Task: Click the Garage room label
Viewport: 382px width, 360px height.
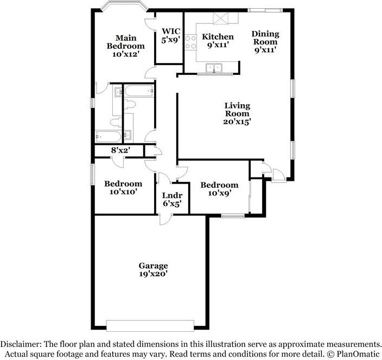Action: pyautogui.click(x=153, y=266)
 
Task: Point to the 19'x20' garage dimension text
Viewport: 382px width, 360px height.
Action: pyautogui.click(x=153, y=274)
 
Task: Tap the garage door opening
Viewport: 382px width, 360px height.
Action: pyautogui.click(x=150, y=326)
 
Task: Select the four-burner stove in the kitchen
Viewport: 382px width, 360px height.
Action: pyautogui.click(x=190, y=42)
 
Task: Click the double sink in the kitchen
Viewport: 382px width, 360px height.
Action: pyautogui.click(x=214, y=68)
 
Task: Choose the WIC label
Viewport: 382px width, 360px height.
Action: pyautogui.click(x=171, y=31)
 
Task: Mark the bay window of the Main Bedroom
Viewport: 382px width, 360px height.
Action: pyautogui.click(x=124, y=6)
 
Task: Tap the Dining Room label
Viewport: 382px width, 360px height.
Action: pyautogui.click(x=265, y=37)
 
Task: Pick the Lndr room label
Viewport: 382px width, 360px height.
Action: pyautogui.click(x=172, y=195)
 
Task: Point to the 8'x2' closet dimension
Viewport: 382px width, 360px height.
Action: pyautogui.click(x=119, y=150)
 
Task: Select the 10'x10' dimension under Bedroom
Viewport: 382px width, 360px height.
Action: pyautogui.click(x=122, y=192)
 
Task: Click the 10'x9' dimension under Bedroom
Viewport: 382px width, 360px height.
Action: pyautogui.click(x=220, y=193)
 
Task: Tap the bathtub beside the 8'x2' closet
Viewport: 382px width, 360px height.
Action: pyautogui.click(x=108, y=136)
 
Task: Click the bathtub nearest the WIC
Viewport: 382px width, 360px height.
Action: pyautogui.click(x=139, y=91)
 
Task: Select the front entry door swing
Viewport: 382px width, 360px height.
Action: pyautogui.click(x=279, y=175)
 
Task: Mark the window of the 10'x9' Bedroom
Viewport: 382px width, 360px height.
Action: pyautogui.click(x=233, y=216)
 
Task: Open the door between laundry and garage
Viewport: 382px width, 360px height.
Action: pyautogui.click(x=165, y=219)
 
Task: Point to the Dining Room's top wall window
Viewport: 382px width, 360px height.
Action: pyautogui.click(x=265, y=10)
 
